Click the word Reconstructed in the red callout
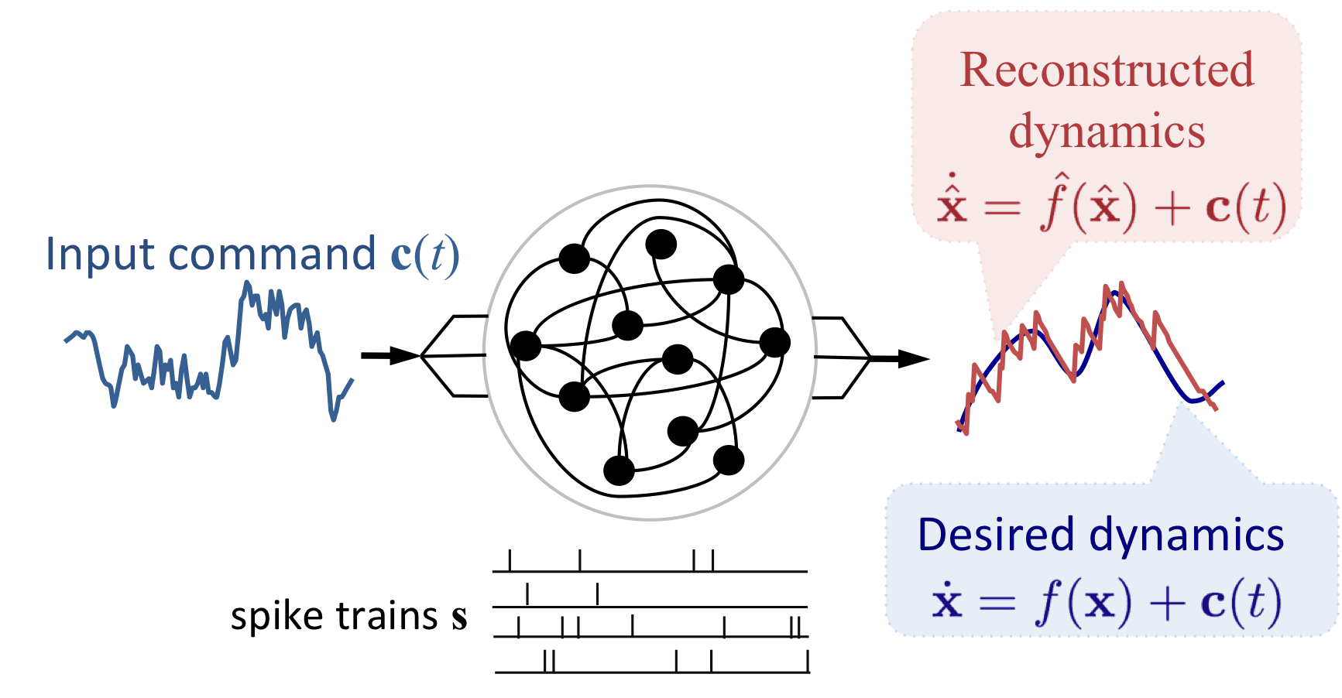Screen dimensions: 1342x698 pyautogui.click(x=1107, y=70)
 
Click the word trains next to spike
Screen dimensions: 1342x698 pyautogui.click(x=387, y=616)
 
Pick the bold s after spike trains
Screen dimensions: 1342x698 pyautogui.click(x=460, y=618)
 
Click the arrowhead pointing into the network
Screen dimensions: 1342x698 pyautogui.click(x=404, y=356)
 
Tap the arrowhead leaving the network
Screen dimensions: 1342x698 pyautogui.click(x=914, y=358)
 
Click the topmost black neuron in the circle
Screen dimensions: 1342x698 pyautogui.click(x=661, y=244)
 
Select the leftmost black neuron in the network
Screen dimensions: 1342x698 pyautogui.click(x=526, y=346)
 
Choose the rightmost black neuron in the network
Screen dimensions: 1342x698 pyautogui.click(x=774, y=342)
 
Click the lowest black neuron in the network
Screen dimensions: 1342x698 pyautogui.click(x=619, y=470)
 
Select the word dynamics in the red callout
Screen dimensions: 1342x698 pyautogui.click(x=1107, y=132)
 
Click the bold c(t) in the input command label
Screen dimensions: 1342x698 pyautogui.click(x=425, y=255)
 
